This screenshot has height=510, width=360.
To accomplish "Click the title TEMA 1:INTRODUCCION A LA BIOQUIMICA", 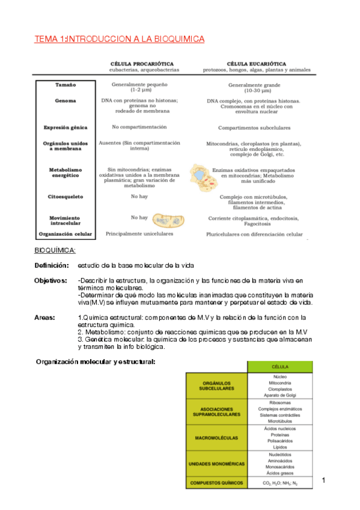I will pos(120,39).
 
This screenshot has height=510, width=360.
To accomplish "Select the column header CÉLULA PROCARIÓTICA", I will pos(142,63).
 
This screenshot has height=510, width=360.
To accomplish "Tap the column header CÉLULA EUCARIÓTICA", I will pos(257,63).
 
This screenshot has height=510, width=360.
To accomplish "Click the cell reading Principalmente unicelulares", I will pos(139,233).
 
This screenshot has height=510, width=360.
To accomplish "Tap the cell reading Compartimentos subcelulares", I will pos(254,128).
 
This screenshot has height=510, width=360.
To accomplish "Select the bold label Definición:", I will pos(51,265).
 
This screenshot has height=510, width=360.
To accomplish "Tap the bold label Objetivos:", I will pos(50,281).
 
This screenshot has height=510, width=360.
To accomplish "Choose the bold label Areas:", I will pos(45,318).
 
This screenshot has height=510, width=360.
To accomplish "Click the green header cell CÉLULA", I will pos(279,366).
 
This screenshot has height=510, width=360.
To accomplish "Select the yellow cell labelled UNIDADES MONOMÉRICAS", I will pos(216,464).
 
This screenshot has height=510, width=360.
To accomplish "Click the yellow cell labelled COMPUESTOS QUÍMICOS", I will pos(216,483).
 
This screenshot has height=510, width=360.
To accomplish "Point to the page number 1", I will pos(323,481).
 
